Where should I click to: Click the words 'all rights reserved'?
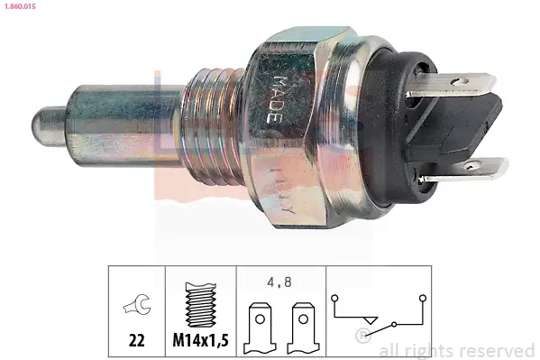[x=457, y=350]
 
